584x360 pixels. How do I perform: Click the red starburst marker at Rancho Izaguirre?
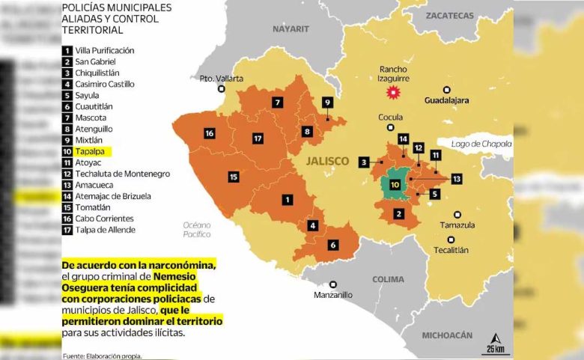pyautogui.click(x=389, y=93)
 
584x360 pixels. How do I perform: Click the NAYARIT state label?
pyautogui.click(x=291, y=28)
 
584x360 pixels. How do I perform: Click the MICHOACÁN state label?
pyautogui.click(x=448, y=334)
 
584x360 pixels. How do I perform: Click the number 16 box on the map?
pyautogui.click(x=210, y=133)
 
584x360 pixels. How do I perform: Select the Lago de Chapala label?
pyautogui.click(x=481, y=143)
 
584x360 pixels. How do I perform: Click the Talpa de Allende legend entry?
pyautogui.click(x=105, y=230)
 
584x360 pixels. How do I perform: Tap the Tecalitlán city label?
pyautogui.click(x=451, y=250)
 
